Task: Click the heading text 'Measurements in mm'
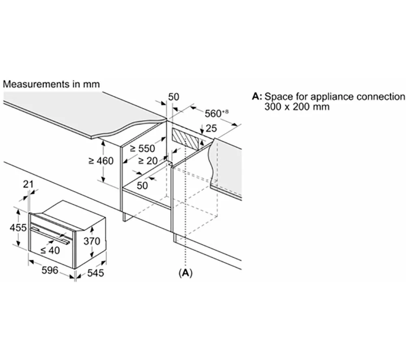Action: pos(51,84)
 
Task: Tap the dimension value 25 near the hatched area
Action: pos(211,129)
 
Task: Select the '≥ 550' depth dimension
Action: pos(142,149)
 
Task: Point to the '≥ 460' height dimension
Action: pos(101,161)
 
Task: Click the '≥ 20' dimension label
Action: pos(147,161)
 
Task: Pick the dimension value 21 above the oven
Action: pos(28,184)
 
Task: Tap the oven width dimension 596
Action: pos(50,270)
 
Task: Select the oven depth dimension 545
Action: pos(96,273)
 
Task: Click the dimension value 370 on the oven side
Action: pos(92,241)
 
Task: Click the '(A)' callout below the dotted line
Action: pos(185,273)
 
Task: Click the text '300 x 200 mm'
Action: pos(297,107)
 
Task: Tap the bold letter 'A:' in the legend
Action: pos(257,97)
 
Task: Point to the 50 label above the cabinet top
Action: pos(174,97)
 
